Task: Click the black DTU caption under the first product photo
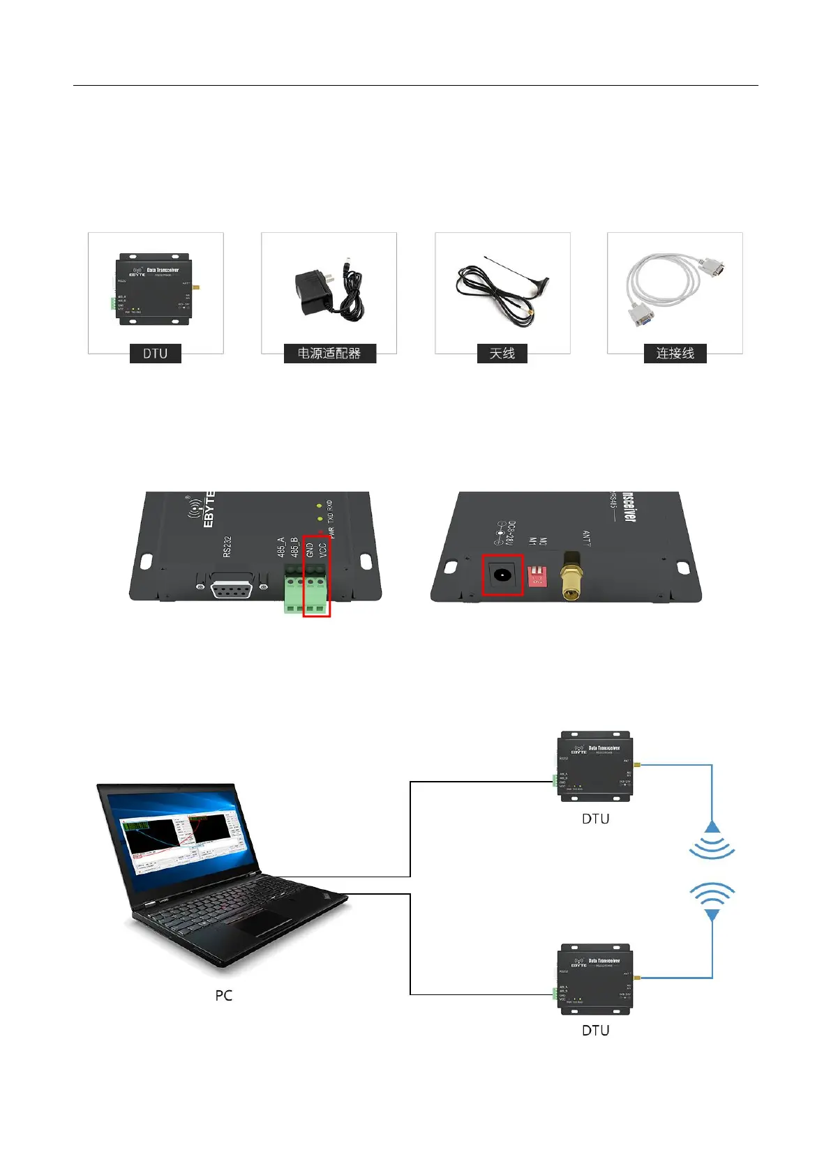point(155,354)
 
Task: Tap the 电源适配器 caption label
point(329,354)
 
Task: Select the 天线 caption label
point(502,354)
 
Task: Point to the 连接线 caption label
point(675,354)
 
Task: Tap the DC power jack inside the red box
point(502,575)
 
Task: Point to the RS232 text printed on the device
point(227,547)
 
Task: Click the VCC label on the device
point(322,549)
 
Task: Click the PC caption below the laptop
point(223,995)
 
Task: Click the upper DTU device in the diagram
point(595,766)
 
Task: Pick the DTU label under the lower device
point(595,1030)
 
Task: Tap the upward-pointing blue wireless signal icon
point(712,840)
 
